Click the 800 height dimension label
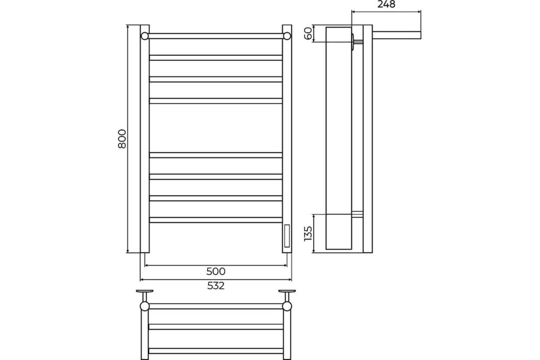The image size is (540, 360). point(122,139)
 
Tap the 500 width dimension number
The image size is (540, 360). point(216,271)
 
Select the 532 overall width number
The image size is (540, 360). point(216,286)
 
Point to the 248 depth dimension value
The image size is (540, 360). point(386,4)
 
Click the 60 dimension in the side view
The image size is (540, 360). point(308,33)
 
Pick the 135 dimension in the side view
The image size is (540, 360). point(308,234)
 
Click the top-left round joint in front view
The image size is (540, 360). point(144,36)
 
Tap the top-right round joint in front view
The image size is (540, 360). point(287,36)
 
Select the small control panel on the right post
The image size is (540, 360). point(287,236)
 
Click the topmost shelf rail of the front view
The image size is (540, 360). point(216,36)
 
